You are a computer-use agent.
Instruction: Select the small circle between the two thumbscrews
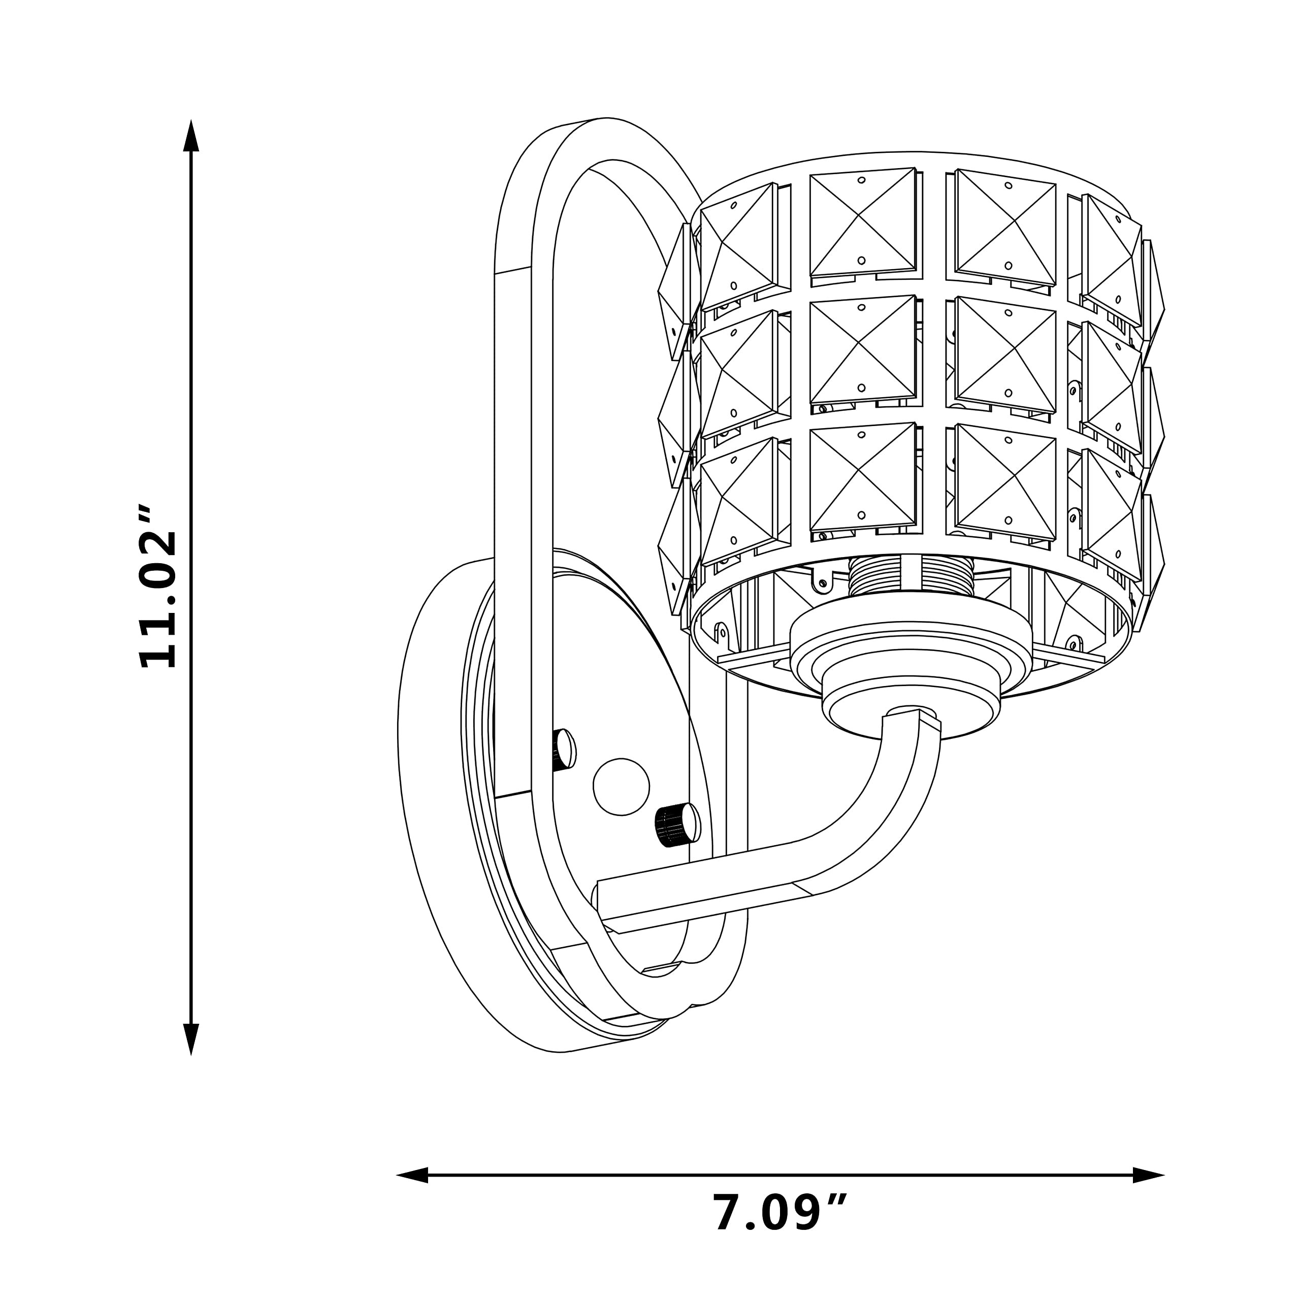(621, 787)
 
